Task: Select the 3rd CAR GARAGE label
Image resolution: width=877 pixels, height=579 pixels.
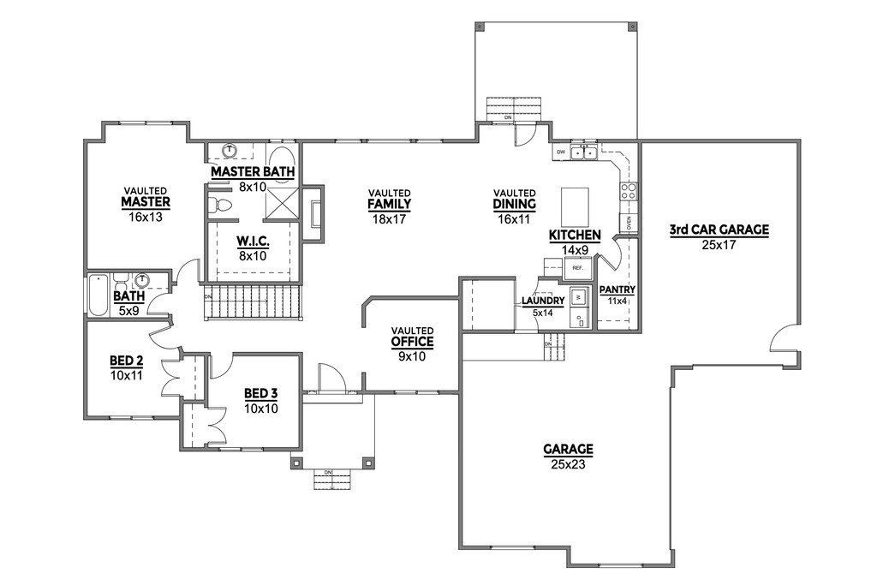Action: [719, 230]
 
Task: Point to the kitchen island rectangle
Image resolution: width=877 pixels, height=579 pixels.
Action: [575, 206]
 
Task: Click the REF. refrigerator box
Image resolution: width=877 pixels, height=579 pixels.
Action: [577, 268]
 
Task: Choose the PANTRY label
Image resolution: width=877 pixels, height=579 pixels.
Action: [617, 289]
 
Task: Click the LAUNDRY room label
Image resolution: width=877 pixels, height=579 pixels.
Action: [543, 301]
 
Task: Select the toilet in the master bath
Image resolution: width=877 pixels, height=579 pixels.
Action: [223, 204]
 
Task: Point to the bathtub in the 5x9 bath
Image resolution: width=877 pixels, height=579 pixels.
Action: [97, 295]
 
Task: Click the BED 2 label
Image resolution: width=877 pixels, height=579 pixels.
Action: [126, 360]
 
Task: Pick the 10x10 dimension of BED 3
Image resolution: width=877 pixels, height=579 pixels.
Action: [261, 408]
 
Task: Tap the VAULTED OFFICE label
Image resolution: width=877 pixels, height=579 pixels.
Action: [412, 341]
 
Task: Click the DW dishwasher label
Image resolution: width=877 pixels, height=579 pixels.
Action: [561, 152]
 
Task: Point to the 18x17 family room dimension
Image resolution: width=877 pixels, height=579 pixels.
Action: [389, 218]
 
